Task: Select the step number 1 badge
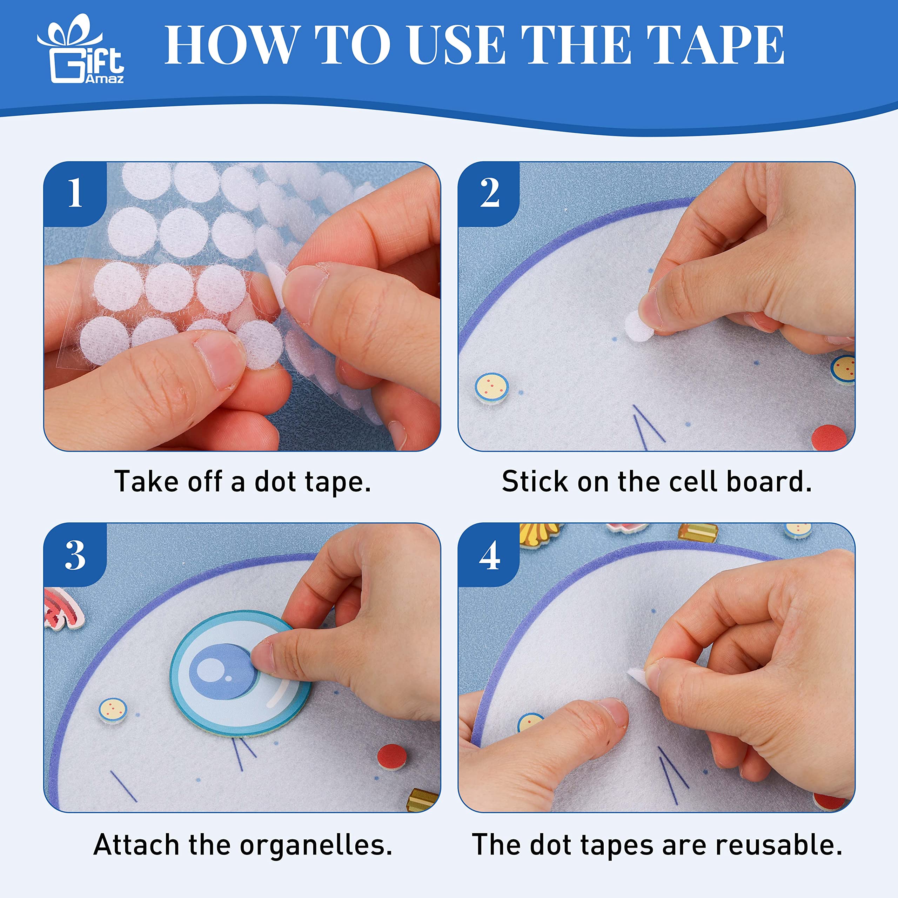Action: click(x=75, y=193)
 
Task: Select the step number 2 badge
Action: click(x=489, y=193)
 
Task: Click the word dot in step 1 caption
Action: click(x=276, y=482)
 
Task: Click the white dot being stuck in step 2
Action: click(x=639, y=326)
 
